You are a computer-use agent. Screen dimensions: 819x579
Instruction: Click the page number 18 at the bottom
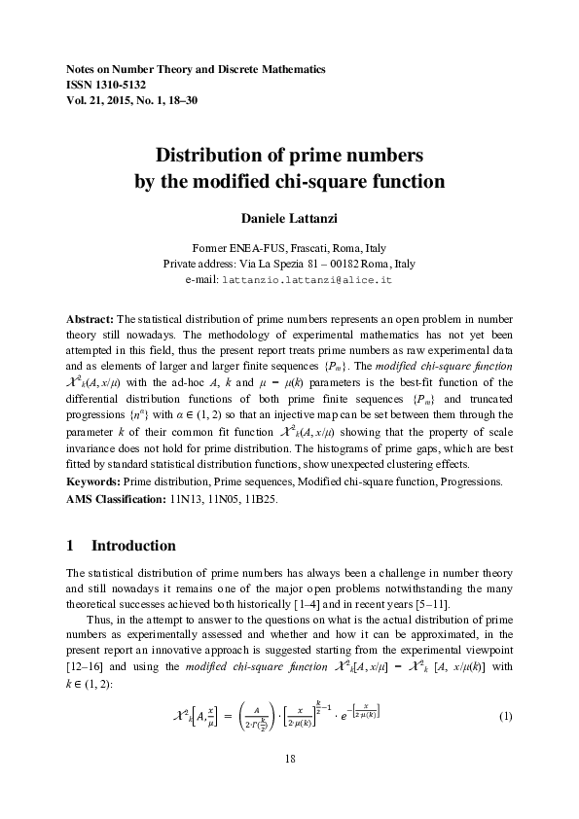(289, 757)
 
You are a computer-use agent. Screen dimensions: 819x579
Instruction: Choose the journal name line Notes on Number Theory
(195, 70)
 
